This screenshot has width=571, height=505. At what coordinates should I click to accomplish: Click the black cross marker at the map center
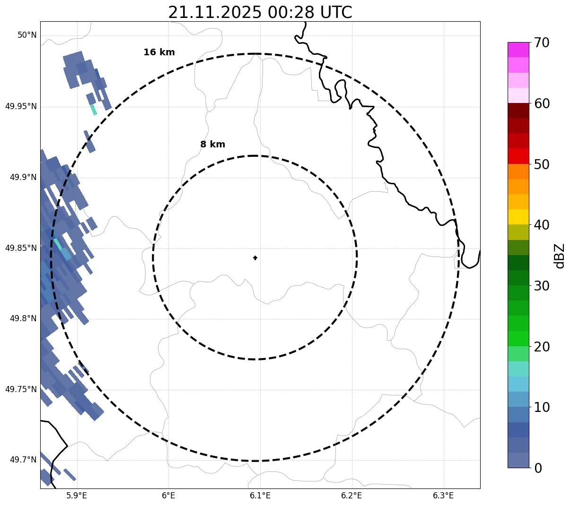point(255,258)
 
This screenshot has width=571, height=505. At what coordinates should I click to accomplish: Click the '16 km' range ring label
point(159,52)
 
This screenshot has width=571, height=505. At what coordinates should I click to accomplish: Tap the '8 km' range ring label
point(212,145)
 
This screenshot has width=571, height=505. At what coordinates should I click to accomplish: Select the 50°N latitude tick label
point(27,35)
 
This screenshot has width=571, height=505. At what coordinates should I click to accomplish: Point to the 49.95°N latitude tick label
point(21,106)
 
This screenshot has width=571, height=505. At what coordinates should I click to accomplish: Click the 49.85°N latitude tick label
point(21,248)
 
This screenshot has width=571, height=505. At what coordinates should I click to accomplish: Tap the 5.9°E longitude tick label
point(77,496)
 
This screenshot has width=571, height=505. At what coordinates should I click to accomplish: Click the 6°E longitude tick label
point(168,496)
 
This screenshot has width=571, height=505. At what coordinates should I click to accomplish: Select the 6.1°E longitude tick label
point(260,496)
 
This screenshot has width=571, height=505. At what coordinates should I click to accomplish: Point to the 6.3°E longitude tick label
point(443,496)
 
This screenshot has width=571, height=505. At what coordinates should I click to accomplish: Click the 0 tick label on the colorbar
point(538,468)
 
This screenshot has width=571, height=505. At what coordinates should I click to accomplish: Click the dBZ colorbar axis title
point(560,256)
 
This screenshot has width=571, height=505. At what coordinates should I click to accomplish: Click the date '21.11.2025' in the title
point(214,13)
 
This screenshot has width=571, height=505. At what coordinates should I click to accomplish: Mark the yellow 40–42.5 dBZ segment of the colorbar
point(518,217)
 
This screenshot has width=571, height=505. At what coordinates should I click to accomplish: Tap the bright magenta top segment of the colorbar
point(518,50)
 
